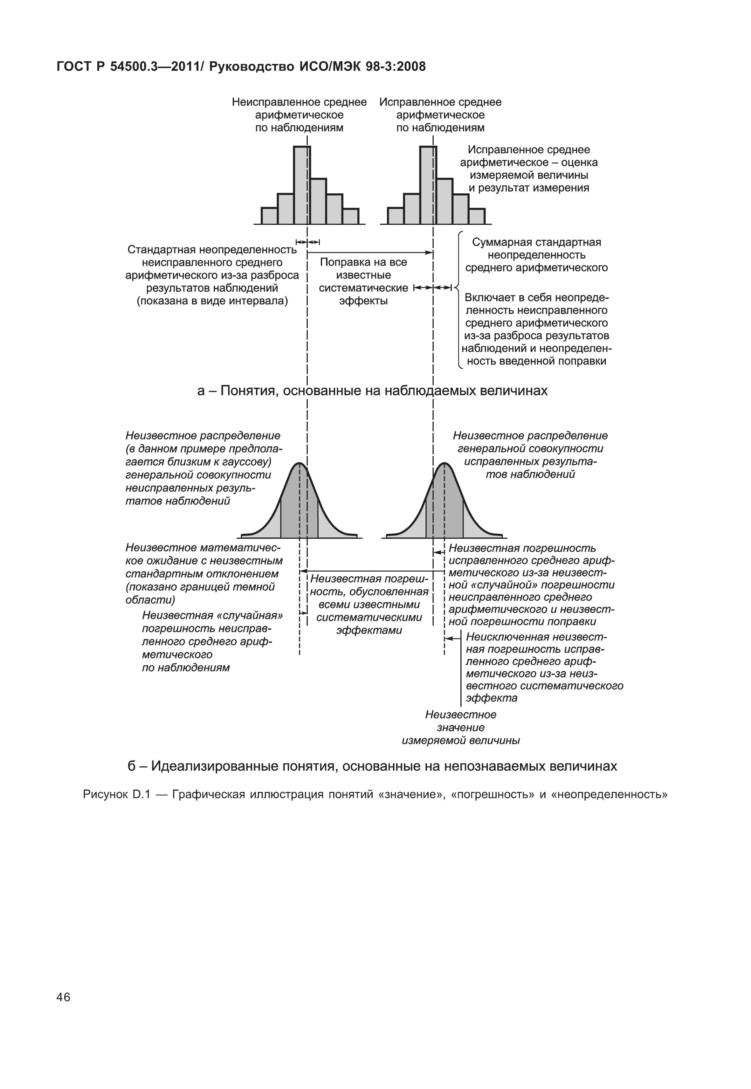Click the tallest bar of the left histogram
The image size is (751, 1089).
(302, 186)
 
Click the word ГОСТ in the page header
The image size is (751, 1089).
(74, 67)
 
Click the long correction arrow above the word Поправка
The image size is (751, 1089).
(369, 253)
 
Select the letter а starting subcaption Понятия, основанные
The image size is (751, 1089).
(201, 391)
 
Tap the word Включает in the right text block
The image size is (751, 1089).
(488, 298)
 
